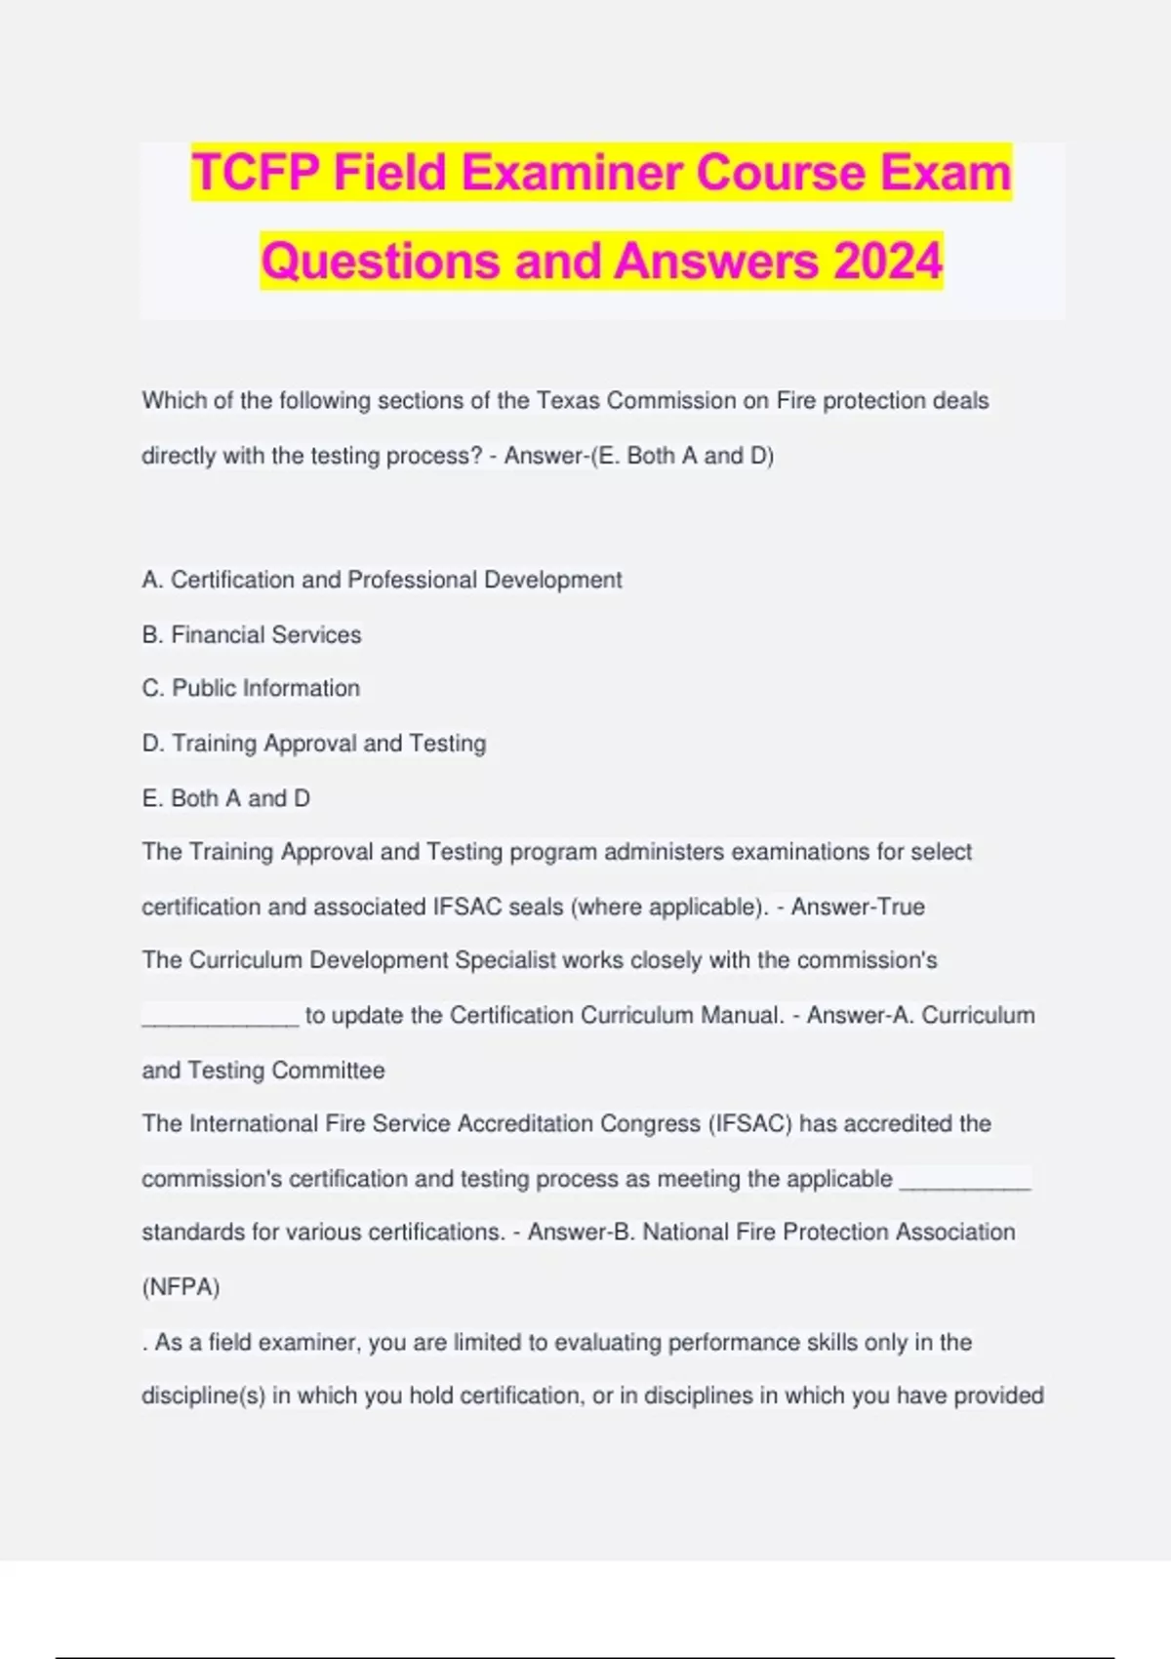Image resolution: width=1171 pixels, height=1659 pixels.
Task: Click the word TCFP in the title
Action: pos(256,173)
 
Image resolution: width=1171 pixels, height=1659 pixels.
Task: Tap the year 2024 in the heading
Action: pos(887,262)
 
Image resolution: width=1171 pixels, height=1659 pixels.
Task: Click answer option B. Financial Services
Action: pos(251,634)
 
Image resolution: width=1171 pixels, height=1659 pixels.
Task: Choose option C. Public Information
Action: pos(251,688)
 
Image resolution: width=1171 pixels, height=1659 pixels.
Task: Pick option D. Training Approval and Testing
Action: pos(313,743)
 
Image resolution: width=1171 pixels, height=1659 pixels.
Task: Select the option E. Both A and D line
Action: pos(225,798)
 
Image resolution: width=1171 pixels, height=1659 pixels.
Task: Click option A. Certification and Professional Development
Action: pos(382,580)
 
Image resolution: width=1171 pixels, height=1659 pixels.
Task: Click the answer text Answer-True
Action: pos(858,907)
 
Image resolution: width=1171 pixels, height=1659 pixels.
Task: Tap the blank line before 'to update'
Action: pos(220,1020)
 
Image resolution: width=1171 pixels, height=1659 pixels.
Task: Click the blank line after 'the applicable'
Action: pos(964,1184)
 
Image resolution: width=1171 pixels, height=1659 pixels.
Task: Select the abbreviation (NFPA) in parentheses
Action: pos(181,1287)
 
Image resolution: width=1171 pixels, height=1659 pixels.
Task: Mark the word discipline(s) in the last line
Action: pos(203,1396)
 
